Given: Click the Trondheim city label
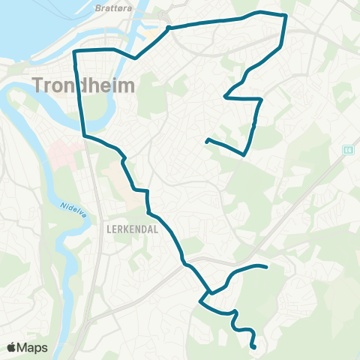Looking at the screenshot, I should coord(84,85).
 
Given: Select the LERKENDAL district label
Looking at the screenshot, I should coord(133,230).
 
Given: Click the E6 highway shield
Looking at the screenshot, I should coord(348,148).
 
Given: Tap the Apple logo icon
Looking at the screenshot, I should coord(11,347).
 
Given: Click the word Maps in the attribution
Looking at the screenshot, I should coord(32,347).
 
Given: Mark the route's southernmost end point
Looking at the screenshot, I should coord(255,347).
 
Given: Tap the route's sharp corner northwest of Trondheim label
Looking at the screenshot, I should coord(73,51).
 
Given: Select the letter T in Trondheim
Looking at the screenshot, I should coord(38,85).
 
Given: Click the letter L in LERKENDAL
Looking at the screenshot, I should coord(109,230).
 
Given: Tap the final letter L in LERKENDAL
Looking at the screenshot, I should coord(156,230).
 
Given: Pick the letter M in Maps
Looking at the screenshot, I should coord(22,347).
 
